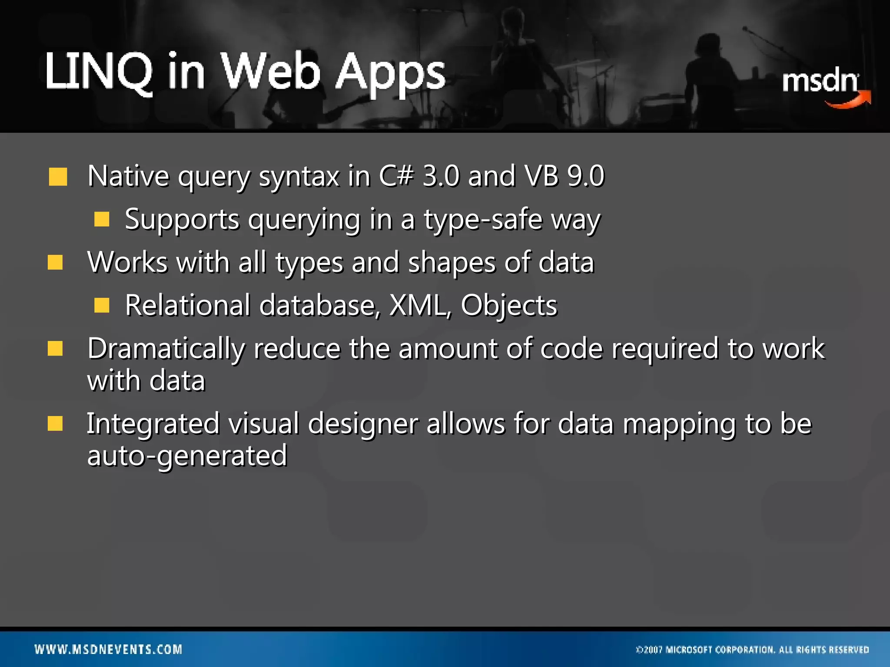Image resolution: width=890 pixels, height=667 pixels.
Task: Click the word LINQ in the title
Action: point(99,72)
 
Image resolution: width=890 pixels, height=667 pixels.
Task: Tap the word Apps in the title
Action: point(390,74)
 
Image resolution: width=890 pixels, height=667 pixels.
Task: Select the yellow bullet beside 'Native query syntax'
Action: point(58,177)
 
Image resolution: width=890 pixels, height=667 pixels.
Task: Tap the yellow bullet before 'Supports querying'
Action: point(102,219)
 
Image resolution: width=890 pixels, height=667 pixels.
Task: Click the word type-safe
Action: point(483,220)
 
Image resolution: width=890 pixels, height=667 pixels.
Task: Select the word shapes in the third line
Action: point(452,263)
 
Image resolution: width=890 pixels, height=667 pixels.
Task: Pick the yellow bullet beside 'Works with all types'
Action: point(56,262)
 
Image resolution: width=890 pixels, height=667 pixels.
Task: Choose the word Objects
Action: point(509,306)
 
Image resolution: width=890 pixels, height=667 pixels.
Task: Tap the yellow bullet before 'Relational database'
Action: point(102,305)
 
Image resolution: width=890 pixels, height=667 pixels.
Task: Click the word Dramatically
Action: point(166,349)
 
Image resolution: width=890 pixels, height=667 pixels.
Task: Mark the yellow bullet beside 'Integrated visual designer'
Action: point(56,423)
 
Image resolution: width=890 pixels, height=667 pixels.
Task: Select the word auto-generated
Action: point(187,456)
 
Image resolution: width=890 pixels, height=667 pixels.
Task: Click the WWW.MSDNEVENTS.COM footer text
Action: point(109,649)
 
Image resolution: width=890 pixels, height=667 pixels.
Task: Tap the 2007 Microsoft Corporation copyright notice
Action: point(752,650)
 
